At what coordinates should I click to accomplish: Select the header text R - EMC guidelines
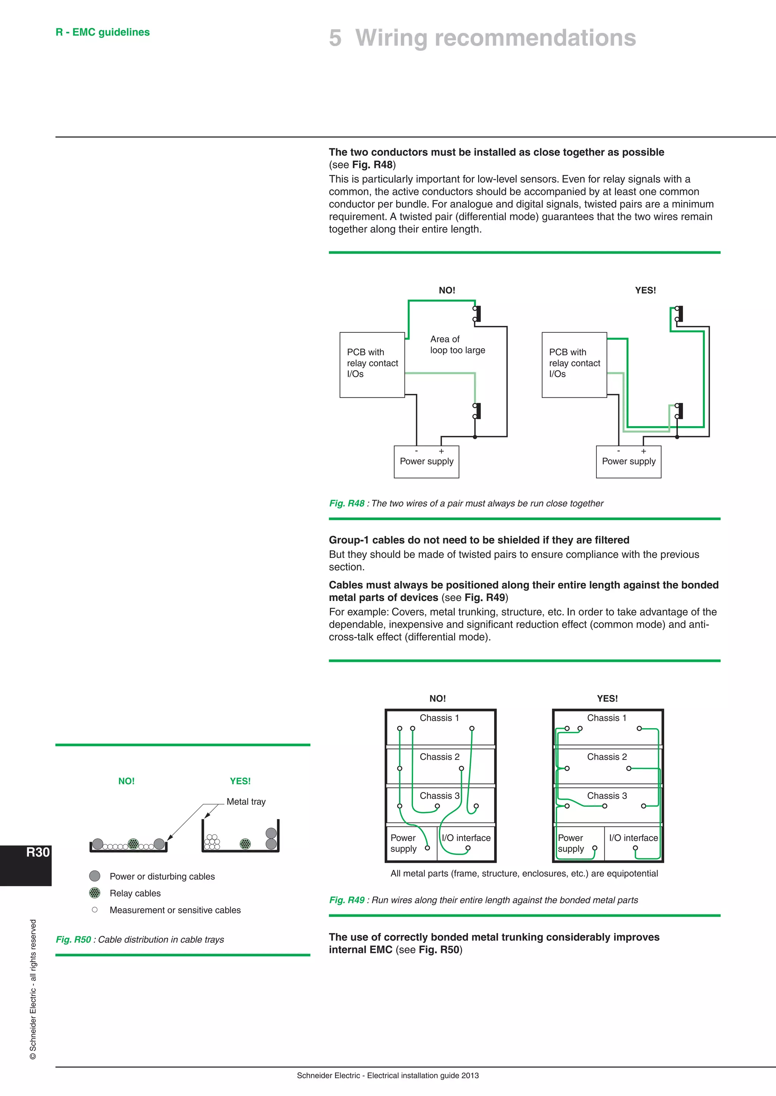(102, 32)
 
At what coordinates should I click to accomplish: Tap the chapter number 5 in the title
(335, 38)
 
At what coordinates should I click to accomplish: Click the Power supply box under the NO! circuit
(426, 462)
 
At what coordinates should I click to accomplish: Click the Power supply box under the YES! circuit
(628, 462)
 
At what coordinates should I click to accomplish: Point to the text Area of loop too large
(457, 345)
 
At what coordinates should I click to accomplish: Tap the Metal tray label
(246, 802)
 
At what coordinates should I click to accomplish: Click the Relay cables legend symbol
(95, 893)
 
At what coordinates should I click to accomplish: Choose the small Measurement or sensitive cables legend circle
(95, 910)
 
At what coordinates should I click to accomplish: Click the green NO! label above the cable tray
(126, 781)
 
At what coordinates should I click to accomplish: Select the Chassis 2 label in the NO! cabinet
(439, 757)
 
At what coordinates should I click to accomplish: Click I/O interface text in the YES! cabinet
(633, 838)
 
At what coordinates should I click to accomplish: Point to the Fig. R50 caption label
(73, 939)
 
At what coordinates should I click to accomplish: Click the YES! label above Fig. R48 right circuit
(645, 290)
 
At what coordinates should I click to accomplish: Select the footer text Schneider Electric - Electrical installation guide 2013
(388, 1076)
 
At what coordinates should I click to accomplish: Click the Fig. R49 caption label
(346, 900)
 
